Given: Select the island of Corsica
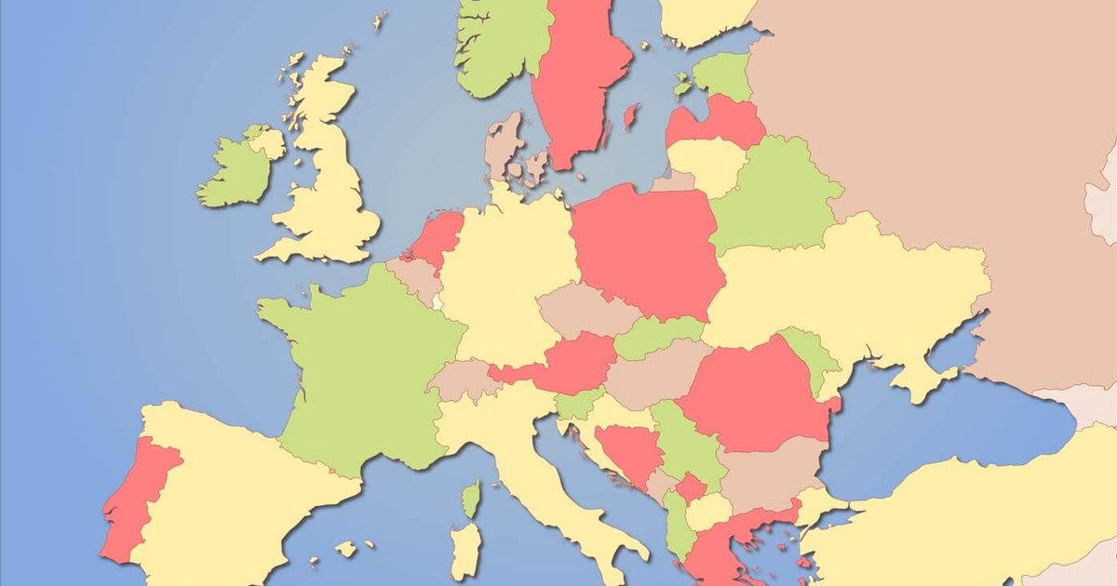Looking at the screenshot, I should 472,499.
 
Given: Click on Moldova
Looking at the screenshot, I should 810,358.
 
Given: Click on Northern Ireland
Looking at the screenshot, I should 265,142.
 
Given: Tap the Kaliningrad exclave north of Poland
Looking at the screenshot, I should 674,180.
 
